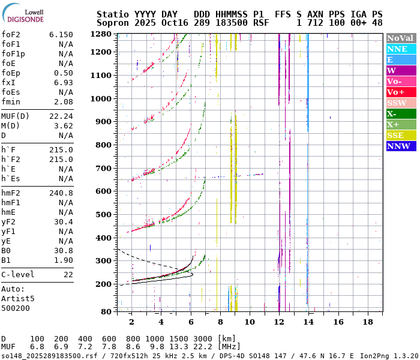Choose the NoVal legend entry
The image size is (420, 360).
(x=400, y=38)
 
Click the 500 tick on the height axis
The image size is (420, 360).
(x=104, y=214)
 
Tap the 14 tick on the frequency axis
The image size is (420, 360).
(x=308, y=322)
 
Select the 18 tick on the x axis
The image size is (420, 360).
(x=367, y=322)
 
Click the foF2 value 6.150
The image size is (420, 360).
(x=61, y=35)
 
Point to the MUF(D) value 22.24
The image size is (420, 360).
(x=61, y=116)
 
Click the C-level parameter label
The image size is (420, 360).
(x=18, y=275)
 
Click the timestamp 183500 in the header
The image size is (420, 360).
(x=230, y=22)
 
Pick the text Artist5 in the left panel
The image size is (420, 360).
(x=18, y=298)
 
